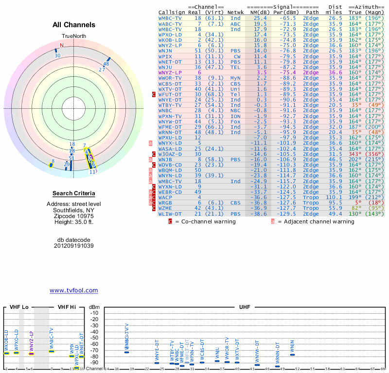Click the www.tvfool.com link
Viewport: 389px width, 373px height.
[x=73, y=290]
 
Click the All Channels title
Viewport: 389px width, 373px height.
[x=74, y=25]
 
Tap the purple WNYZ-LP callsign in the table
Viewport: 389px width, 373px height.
[x=170, y=72]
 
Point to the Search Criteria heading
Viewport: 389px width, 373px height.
[x=73, y=193]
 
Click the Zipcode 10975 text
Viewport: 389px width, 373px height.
[x=74, y=216]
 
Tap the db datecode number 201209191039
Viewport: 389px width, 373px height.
[x=74, y=246]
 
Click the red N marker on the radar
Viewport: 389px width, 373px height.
[x=61, y=45]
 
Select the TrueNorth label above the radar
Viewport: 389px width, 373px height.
[x=73, y=36]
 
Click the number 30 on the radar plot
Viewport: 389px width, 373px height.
[x=57, y=55]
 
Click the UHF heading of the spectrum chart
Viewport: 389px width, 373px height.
[x=245, y=307]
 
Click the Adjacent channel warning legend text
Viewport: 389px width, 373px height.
[x=316, y=221]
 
